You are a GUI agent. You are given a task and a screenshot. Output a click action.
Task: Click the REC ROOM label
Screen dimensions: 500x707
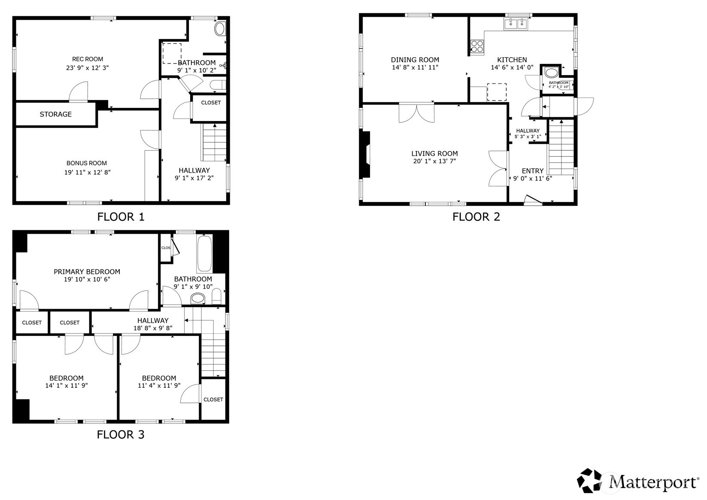pyautogui.click(x=88, y=59)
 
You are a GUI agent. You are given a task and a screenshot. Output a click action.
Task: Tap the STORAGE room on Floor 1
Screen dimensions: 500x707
pyautogui.click(x=55, y=114)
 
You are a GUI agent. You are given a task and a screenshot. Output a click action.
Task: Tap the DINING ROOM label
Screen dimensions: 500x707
pyautogui.click(x=415, y=60)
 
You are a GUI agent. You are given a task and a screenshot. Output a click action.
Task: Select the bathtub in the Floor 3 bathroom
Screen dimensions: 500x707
pyautogui.click(x=204, y=253)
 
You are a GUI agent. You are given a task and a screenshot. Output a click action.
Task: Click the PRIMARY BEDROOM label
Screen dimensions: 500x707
pyautogui.click(x=87, y=271)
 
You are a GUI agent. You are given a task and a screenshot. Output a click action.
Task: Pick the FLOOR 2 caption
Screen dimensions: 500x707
pyautogui.click(x=476, y=217)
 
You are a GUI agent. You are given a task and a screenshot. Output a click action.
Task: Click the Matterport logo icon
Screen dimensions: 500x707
pyautogui.click(x=591, y=480)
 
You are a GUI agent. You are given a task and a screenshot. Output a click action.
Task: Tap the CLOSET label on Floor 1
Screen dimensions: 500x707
pyautogui.click(x=211, y=103)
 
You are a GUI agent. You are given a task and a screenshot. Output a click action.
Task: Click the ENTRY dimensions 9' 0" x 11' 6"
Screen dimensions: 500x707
pyautogui.click(x=532, y=178)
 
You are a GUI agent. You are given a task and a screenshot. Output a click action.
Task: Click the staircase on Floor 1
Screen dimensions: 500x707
pyautogui.click(x=214, y=142)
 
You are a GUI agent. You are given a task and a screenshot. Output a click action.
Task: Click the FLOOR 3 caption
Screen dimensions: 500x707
pyautogui.click(x=120, y=435)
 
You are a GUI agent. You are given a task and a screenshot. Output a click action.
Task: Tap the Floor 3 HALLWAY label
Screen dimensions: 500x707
pyautogui.click(x=153, y=320)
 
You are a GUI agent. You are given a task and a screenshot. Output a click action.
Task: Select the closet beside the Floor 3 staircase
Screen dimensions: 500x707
pyautogui.click(x=213, y=399)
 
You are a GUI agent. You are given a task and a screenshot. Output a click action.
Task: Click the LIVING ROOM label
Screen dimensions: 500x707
pyautogui.click(x=434, y=153)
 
